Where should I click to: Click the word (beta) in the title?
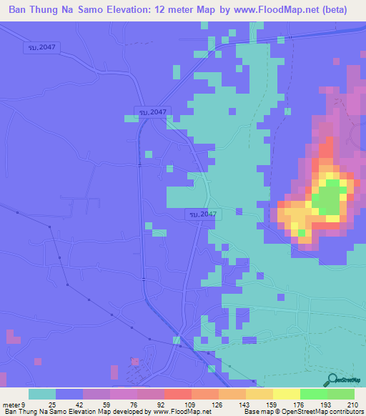pyautogui.click(x=332, y=9)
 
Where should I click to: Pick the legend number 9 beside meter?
pyautogui.click(x=23, y=404)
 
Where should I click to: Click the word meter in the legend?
pyautogui.click(x=11, y=404)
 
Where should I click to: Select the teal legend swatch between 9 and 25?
pyautogui.click(x=42, y=394)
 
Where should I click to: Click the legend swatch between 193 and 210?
pyautogui.click(x=341, y=394)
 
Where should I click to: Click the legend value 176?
pyautogui.click(x=292, y=404)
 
